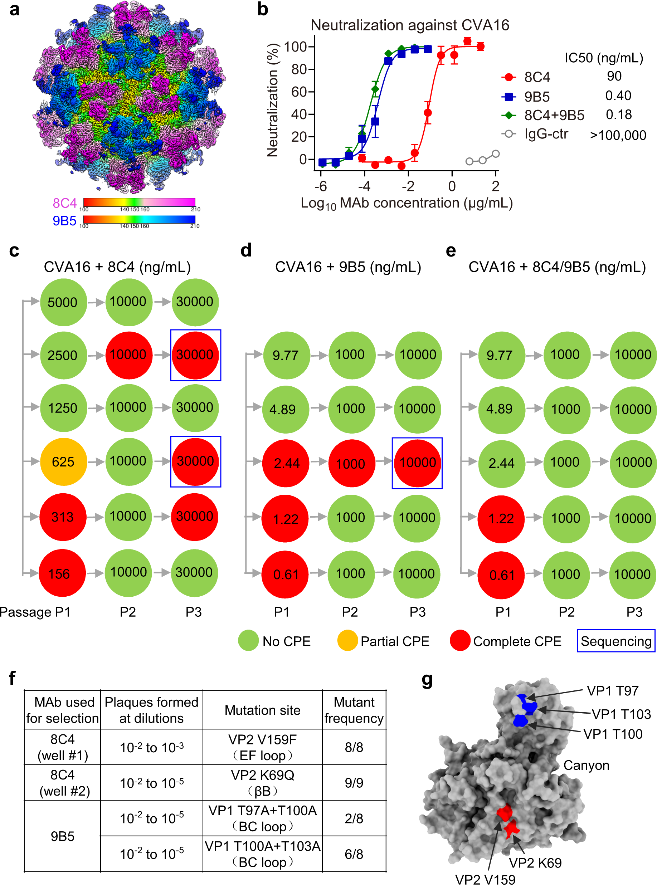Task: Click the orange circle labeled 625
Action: coord(63,461)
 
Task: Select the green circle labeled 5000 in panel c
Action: coord(63,302)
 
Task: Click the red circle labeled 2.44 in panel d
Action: coord(286,463)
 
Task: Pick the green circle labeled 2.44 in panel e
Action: coord(501,463)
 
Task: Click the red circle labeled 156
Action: coord(62,573)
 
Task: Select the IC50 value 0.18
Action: coord(618,115)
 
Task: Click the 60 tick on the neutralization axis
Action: coord(299,92)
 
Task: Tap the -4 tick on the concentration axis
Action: coord(364,186)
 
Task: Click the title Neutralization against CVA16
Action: coord(410,25)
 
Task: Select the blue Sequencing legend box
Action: coord(615,641)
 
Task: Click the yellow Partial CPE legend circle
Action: coord(347,641)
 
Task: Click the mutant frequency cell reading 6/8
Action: coord(354,854)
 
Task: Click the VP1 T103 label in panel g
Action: coord(621,714)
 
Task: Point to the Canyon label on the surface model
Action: coord(586,765)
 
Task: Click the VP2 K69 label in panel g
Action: coord(535,863)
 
